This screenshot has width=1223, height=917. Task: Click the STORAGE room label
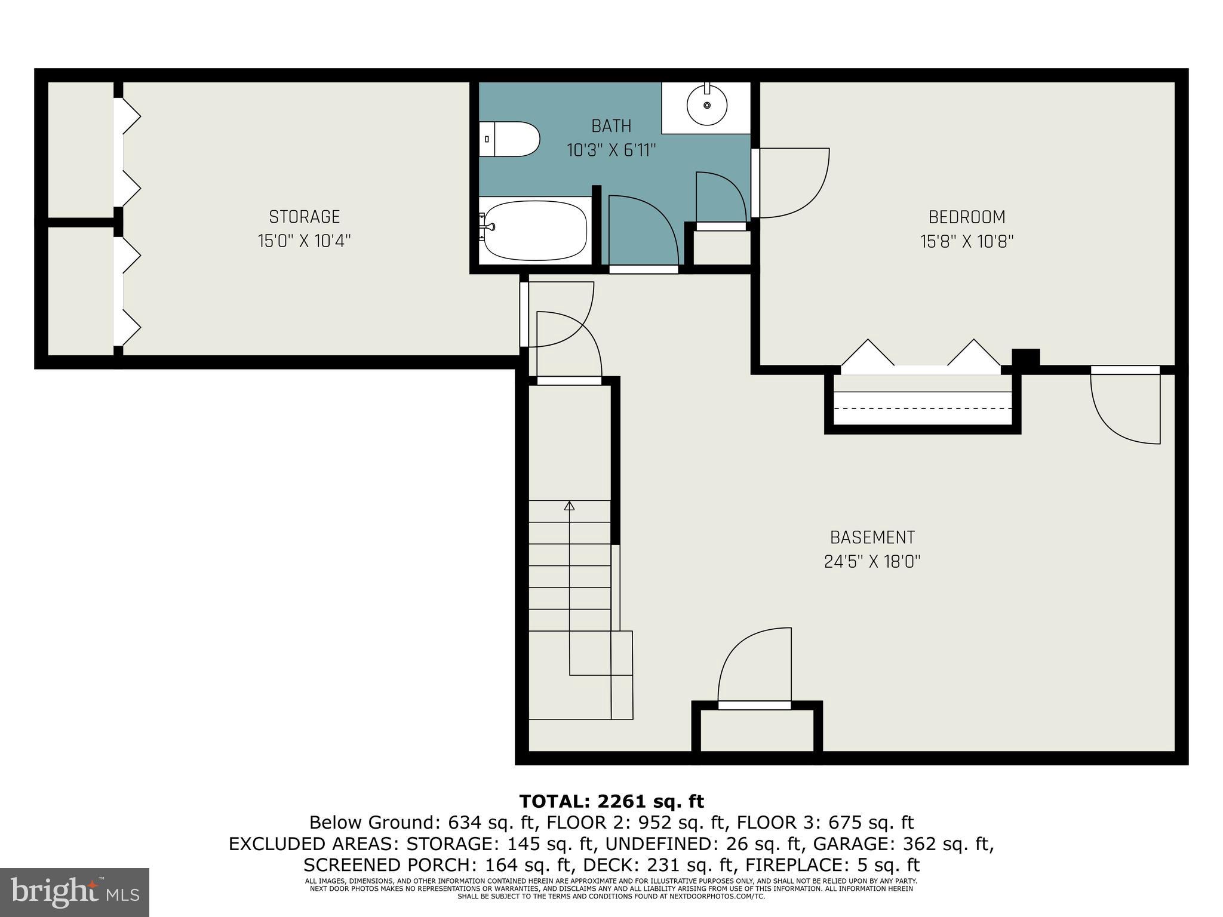click(x=304, y=217)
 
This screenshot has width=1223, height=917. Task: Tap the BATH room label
click(x=611, y=126)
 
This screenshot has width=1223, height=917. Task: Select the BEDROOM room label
click(x=966, y=217)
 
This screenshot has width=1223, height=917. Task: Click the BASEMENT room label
click(x=872, y=537)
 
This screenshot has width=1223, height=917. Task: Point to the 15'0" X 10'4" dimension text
click(x=304, y=241)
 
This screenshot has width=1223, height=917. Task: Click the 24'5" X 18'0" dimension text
click(x=872, y=562)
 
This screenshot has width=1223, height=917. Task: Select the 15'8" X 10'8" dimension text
click(x=966, y=241)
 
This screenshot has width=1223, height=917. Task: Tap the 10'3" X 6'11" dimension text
click(x=611, y=150)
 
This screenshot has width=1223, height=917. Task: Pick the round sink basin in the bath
click(x=707, y=105)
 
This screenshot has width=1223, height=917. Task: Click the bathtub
click(x=534, y=230)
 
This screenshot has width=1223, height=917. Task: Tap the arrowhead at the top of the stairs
click(x=569, y=506)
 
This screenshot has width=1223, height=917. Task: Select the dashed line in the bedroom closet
click(x=923, y=408)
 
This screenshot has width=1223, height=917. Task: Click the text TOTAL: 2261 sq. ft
click(x=611, y=801)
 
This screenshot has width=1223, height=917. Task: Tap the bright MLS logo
click(x=75, y=892)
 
